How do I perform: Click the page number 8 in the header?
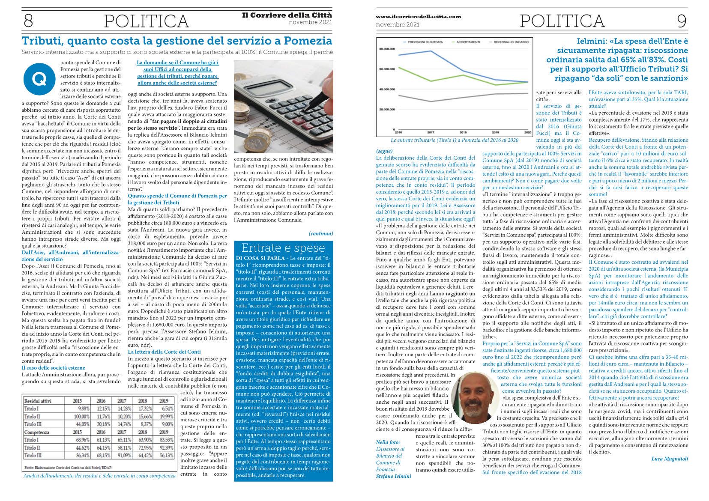point(28,21)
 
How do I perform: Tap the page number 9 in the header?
point(681,21)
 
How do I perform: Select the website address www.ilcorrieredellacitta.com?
point(418,16)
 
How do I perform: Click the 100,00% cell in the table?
point(79,416)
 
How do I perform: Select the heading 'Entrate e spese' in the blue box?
point(283,248)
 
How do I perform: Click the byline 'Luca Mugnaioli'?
point(670,459)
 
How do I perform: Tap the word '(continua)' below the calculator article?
point(320,233)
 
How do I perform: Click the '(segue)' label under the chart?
point(384,151)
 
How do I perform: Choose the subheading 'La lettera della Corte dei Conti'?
point(164,352)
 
